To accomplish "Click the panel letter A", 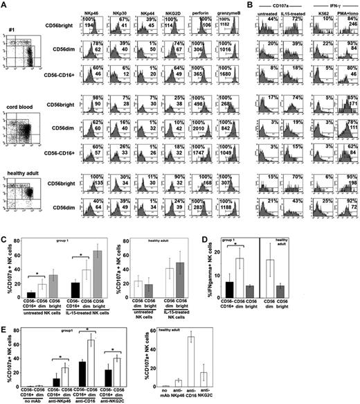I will pyautogui.click(x=5, y=5).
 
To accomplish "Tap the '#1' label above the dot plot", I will pyautogui.click(x=12, y=29).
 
